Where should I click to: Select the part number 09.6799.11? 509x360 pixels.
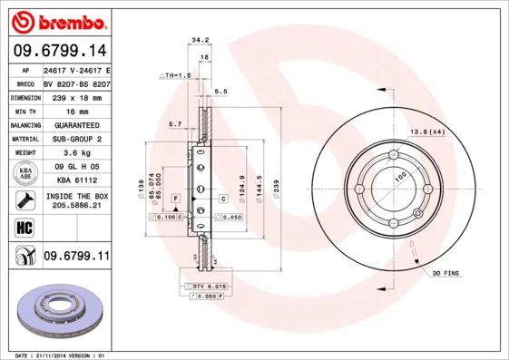tap(75, 258)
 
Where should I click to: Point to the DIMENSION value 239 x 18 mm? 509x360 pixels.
tap(76, 95)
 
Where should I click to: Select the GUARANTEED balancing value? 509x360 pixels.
tap(76, 124)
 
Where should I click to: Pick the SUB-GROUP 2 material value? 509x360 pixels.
tap(76, 139)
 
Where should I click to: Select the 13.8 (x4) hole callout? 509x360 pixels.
tap(426, 133)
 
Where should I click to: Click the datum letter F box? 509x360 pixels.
tap(174, 198)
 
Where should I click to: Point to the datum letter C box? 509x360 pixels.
tap(221, 198)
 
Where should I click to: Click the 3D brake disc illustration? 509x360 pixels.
tap(60, 310)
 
